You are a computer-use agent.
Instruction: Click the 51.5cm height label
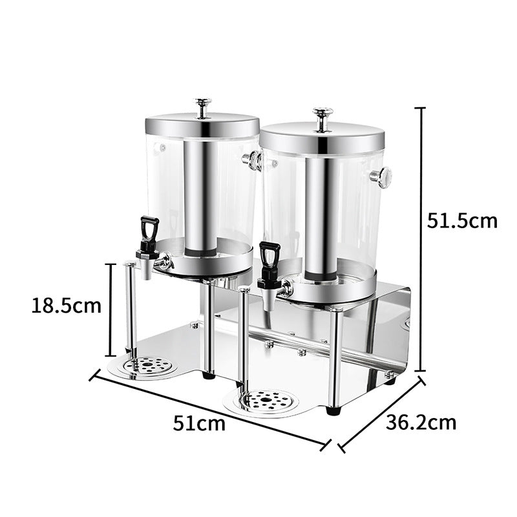coord(462,220)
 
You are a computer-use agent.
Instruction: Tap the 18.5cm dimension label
coord(66,305)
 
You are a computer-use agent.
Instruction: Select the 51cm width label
coord(199,424)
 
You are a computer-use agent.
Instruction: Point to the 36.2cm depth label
coord(421,423)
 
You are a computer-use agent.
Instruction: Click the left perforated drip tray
coord(149,366)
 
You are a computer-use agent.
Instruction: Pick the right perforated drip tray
coord(266,401)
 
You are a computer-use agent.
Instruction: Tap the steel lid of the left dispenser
coord(202,125)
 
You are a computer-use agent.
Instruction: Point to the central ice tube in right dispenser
coord(319,216)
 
